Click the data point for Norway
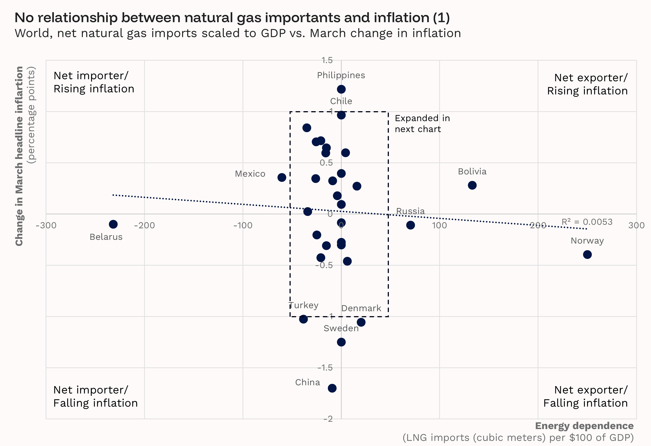tap(587, 255)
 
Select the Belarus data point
tap(113, 224)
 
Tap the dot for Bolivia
tap(472, 185)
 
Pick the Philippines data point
tap(341, 89)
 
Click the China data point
tap(332, 388)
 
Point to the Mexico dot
tap(282, 177)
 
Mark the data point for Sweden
tap(341, 342)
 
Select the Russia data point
tap(410, 225)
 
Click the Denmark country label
tap(361, 308)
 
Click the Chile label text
tap(341, 101)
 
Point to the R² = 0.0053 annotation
tap(587, 222)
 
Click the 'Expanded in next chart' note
tap(422, 124)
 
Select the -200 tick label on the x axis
tap(144, 225)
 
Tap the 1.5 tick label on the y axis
tap(327, 60)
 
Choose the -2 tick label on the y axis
tap(328, 419)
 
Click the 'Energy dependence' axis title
tap(584, 426)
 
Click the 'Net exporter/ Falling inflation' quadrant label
tap(586, 396)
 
